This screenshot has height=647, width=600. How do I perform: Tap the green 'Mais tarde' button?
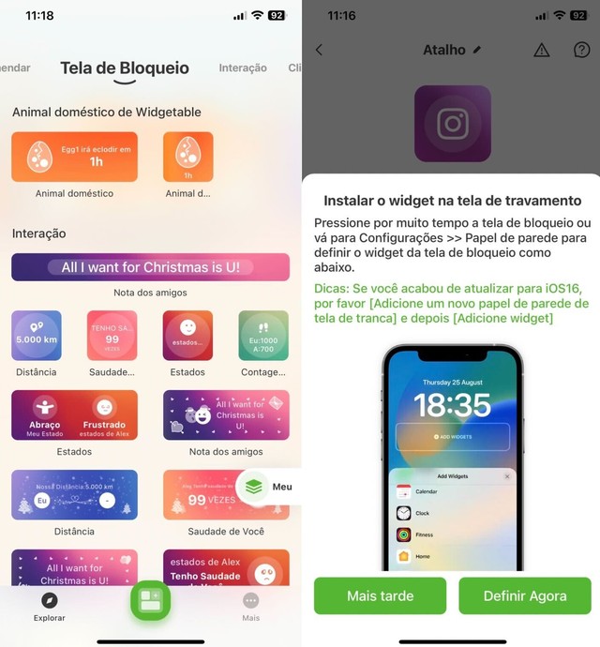380,596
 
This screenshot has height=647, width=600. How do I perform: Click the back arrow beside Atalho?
319,50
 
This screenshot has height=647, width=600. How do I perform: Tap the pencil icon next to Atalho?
477,50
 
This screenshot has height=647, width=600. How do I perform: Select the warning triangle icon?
541,50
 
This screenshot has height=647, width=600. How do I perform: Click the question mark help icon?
581,50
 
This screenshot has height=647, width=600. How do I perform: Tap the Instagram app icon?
453,124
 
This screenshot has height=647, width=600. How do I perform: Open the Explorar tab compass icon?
50,601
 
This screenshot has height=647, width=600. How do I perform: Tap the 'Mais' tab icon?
250,601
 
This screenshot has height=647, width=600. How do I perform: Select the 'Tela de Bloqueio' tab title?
125,68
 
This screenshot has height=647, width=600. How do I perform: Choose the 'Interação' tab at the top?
243,68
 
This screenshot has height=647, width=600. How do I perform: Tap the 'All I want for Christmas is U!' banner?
150,267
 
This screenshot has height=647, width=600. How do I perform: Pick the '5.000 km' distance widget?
37,336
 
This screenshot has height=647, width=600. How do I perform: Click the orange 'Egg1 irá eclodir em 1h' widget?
75,157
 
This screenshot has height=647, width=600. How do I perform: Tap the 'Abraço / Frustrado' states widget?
75,414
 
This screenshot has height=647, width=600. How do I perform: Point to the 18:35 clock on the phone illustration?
452,404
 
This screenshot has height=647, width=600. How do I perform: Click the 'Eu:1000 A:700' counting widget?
263,336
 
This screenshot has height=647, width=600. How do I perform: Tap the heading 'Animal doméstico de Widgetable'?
107,112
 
